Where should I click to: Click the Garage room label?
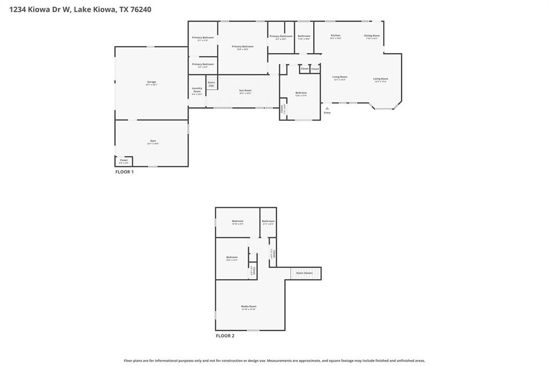[x=151, y=82]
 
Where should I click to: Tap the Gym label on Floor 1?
[x=153, y=141]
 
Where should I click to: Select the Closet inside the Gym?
[x=123, y=160]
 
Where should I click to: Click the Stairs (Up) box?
[x=211, y=84]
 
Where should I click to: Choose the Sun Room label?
[x=245, y=91]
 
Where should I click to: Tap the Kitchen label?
[x=336, y=35]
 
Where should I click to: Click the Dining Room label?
[x=372, y=36]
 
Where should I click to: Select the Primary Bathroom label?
[x=281, y=36]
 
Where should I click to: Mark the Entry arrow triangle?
[x=327, y=108]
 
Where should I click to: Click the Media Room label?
[x=249, y=306]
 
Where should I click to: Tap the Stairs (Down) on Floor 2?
[x=305, y=273]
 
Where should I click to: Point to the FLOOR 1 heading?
[x=124, y=172]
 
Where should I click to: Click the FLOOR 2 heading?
[x=225, y=336]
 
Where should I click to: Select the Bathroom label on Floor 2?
[x=268, y=221]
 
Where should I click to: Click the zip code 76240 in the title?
[x=141, y=9]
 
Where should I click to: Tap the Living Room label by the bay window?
[x=381, y=79]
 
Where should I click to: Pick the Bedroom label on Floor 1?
[x=301, y=93]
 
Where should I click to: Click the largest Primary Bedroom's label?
[x=242, y=47]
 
